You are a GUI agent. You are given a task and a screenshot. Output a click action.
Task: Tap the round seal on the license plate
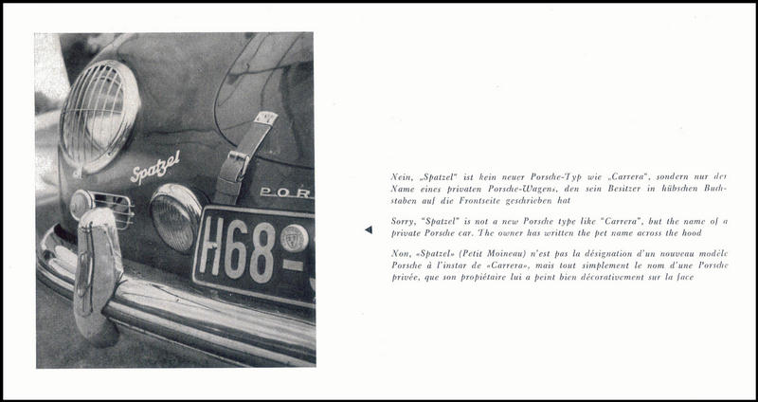tap(294, 238)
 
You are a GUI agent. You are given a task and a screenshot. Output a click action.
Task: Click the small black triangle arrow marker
tap(369, 228)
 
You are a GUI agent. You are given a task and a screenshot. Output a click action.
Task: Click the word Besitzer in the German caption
tap(600, 188)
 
